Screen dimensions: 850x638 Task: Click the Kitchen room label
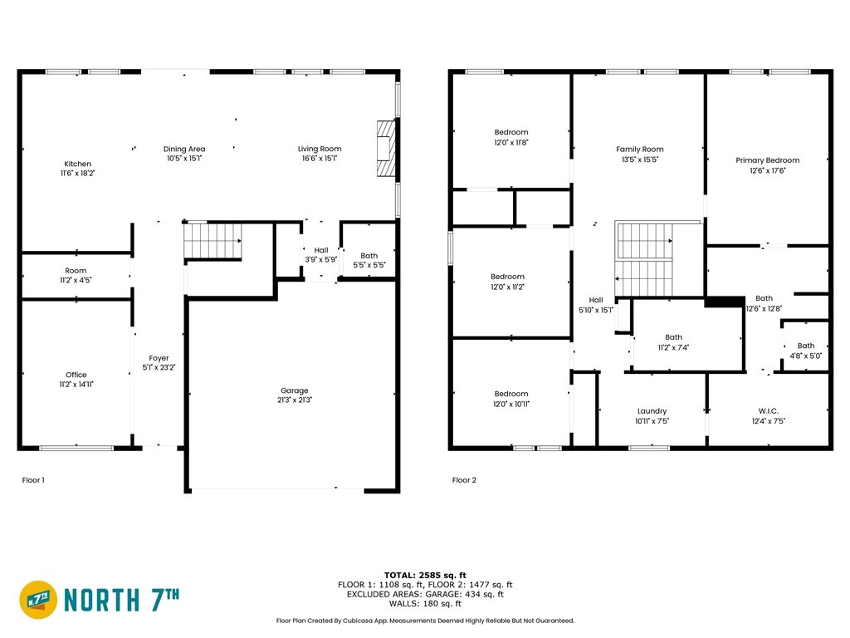click(x=77, y=164)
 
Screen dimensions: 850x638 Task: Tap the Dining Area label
click(x=184, y=149)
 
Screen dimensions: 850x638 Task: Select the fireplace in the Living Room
click(x=387, y=148)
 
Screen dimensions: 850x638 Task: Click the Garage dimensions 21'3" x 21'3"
click(x=295, y=400)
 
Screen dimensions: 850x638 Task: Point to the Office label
click(x=76, y=375)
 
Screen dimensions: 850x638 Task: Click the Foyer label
click(x=159, y=358)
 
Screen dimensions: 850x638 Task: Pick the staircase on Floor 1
click(x=212, y=241)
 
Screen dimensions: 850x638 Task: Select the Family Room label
click(x=640, y=150)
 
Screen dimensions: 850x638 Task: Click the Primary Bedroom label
click(x=768, y=160)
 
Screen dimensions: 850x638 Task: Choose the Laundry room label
click(x=652, y=411)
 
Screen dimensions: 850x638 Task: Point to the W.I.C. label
click(x=769, y=411)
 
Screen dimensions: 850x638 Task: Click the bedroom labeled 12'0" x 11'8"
click(x=511, y=137)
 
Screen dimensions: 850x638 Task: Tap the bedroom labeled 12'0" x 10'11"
click(x=511, y=399)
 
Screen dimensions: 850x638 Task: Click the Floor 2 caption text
click(x=464, y=480)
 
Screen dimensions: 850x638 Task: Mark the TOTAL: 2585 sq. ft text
click(x=425, y=575)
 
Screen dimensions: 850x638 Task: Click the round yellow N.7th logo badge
click(x=38, y=600)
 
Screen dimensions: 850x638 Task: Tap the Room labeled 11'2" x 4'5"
click(x=76, y=276)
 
